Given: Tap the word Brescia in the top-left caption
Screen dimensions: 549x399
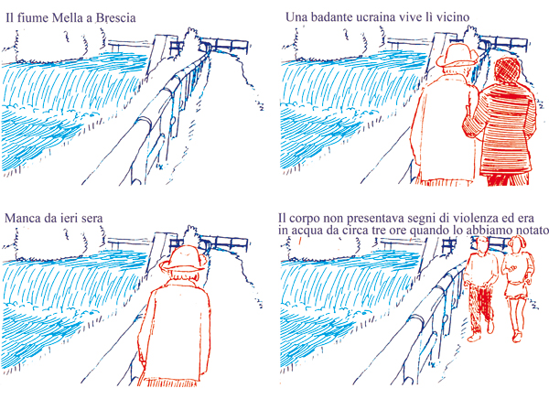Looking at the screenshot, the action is point(116,18).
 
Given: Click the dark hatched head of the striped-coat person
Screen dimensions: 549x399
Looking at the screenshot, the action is point(507,71).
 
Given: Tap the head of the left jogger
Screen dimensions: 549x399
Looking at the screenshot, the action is point(482,244).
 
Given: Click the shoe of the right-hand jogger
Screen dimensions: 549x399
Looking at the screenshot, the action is point(517,337).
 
